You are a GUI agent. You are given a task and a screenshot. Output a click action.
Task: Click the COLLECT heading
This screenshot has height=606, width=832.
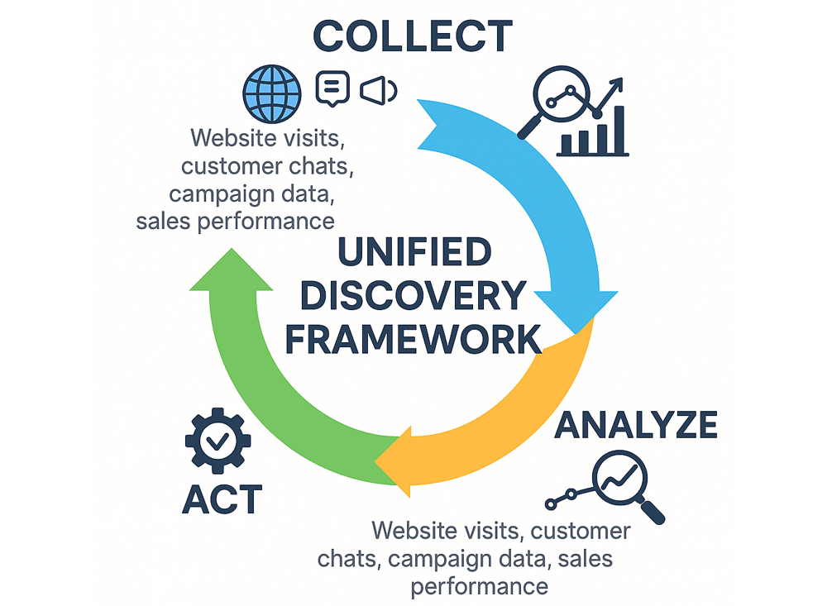tap(412, 36)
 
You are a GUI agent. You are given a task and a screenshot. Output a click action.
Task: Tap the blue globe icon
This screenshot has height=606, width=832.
tap(270, 92)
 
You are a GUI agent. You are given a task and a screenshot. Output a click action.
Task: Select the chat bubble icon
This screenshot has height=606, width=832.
tap(332, 88)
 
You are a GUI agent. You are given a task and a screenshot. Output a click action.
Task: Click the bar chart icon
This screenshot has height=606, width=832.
tap(592, 137)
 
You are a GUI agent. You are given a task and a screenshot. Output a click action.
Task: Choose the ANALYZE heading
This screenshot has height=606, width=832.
tap(635, 424)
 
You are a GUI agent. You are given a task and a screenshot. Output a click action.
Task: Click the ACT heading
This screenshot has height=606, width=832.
tap(222, 499)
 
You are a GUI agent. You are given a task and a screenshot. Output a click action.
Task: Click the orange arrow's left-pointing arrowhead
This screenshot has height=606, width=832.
tap(397, 459)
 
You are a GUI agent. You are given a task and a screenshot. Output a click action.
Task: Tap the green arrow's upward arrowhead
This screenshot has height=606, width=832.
tap(231, 271)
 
